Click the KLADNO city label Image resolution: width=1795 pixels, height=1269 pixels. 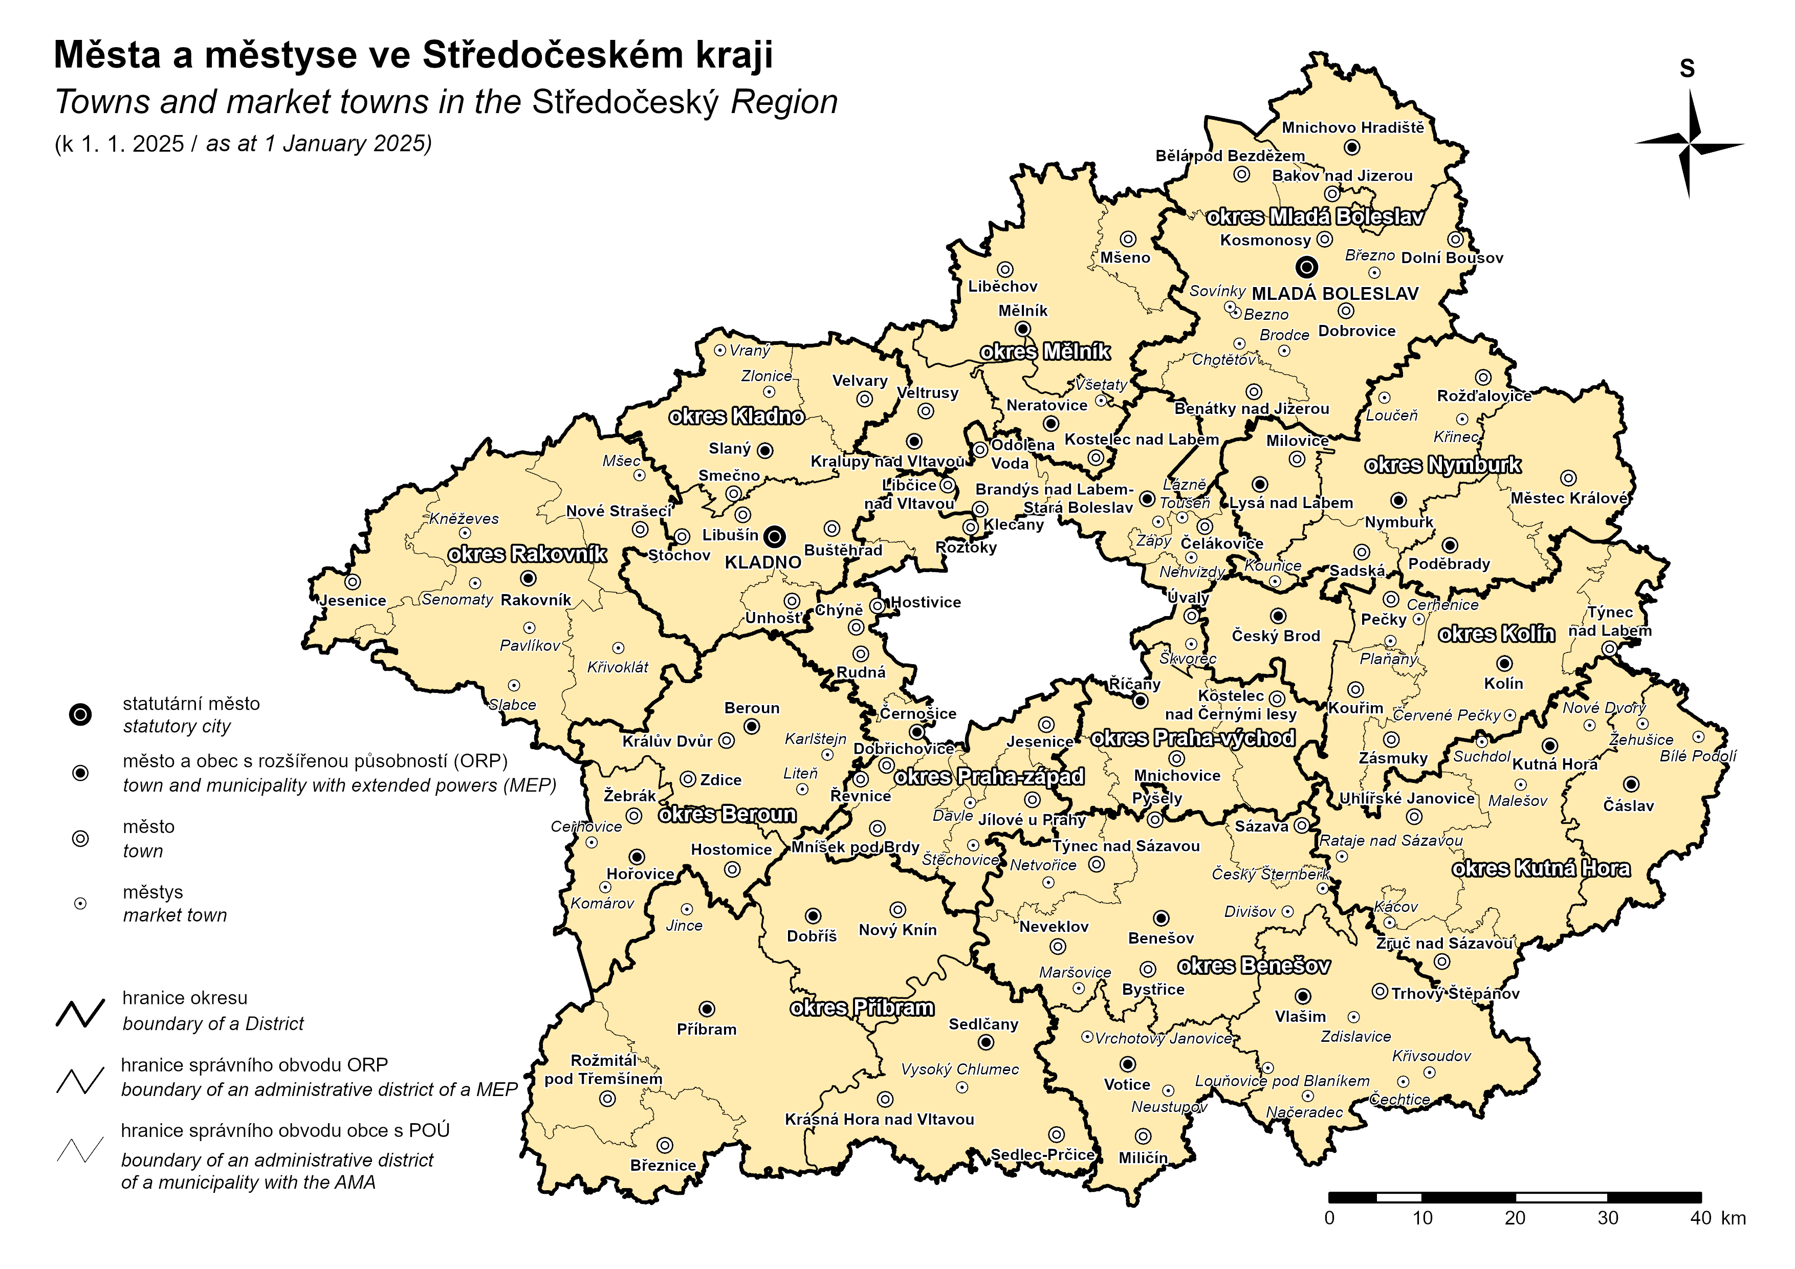pyautogui.click(x=762, y=562)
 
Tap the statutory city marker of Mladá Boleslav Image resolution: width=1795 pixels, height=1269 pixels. pyautogui.click(x=1306, y=268)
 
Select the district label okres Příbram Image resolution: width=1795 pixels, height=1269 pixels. pyautogui.click(x=862, y=1008)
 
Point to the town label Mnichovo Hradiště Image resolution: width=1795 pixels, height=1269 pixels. pyautogui.click(x=1352, y=127)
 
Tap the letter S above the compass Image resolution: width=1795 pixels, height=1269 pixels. pyautogui.click(x=1687, y=69)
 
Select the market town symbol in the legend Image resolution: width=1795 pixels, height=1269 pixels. pyautogui.click(x=80, y=904)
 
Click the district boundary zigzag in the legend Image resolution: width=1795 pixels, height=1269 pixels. pyautogui.click(x=80, y=1013)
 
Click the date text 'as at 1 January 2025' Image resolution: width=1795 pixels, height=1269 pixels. pyautogui.click(x=318, y=144)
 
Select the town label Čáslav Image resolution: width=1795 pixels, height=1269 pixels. pyautogui.click(x=1629, y=806)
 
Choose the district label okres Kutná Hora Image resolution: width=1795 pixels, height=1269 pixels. pyautogui.click(x=1541, y=869)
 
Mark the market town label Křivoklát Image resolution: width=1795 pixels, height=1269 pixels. pyautogui.click(x=618, y=667)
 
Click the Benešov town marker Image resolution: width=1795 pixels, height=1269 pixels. pyautogui.click(x=1162, y=918)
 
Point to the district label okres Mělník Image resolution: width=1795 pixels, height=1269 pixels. pyautogui.click(x=1045, y=352)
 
